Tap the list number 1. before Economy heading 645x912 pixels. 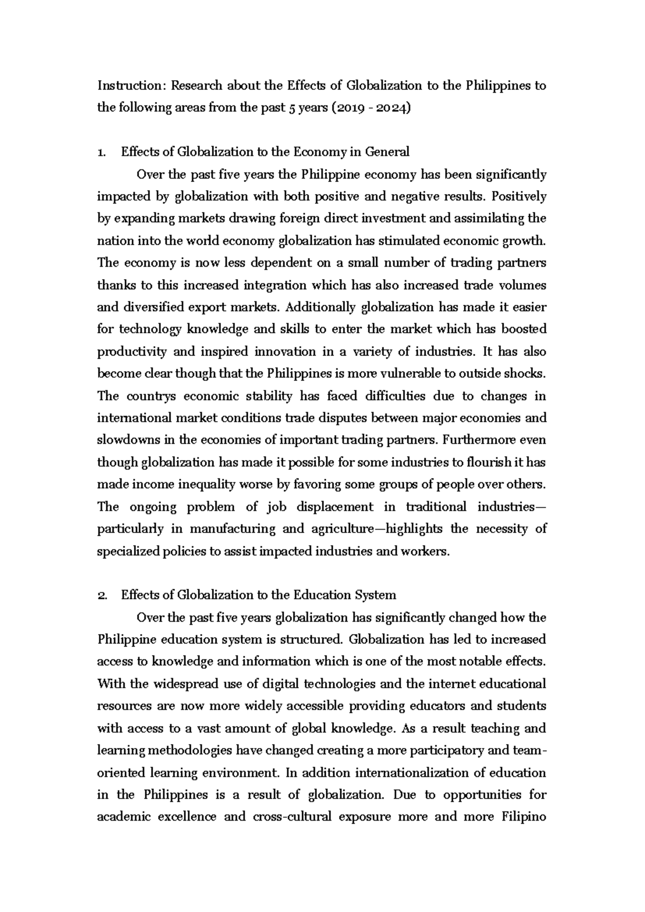[102, 152]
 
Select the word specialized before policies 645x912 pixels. [134, 552]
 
